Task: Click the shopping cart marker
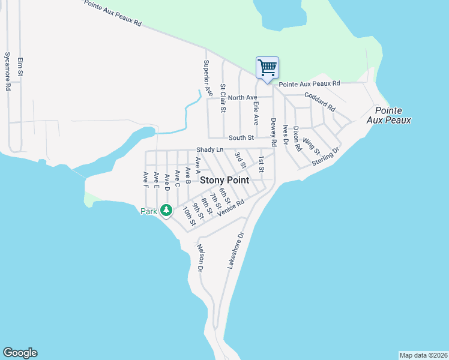pos(267,67)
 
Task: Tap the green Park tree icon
pos(166,211)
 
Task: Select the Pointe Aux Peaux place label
pos(393,115)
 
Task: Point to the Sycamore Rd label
pos(8,71)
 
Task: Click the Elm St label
pos(20,66)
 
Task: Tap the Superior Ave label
pos(208,78)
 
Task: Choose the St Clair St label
pos(223,98)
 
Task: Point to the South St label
pos(243,138)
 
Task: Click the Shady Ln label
pos(209,149)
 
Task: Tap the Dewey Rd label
pos(273,133)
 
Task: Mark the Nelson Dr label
pos(200,258)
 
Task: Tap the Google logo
pos(20,353)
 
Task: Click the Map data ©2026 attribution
pos(423,355)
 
